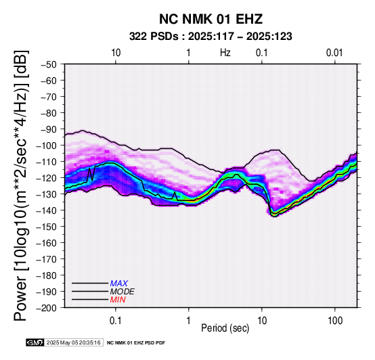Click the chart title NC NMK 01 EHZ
(x=211, y=19)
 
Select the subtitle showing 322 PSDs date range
(x=211, y=37)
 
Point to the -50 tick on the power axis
(x=49, y=64)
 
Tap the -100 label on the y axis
(x=47, y=145)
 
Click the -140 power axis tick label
(x=47, y=210)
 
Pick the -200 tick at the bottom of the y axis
(x=47, y=308)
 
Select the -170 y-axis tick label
(x=47, y=259)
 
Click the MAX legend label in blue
(x=119, y=284)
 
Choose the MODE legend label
(x=123, y=292)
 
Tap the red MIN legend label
(x=118, y=300)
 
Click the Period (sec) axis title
(x=225, y=328)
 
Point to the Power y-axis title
(x=21, y=185)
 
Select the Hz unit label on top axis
(x=225, y=53)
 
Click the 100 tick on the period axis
(x=335, y=321)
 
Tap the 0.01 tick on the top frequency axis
(x=334, y=53)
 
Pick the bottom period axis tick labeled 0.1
(x=116, y=321)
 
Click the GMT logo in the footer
(x=35, y=342)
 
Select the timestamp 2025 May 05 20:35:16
(x=73, y=342)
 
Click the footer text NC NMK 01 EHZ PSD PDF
(x=136, y=343)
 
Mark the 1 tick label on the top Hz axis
(x=189, y=53)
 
